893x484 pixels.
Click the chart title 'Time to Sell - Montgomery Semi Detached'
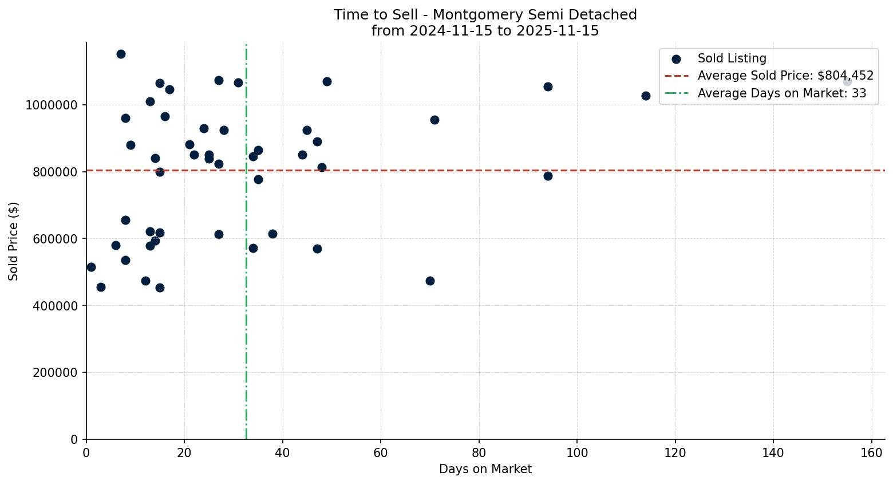pos(485,15)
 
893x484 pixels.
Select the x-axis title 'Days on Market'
pos(485,469)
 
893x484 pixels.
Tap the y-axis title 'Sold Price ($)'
pos(13,241)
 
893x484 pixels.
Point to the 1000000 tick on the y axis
pos(52,105)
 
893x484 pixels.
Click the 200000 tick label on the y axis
pos(55,373)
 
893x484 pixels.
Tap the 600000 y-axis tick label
pos(55,239)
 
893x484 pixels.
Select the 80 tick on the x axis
pos(479,452)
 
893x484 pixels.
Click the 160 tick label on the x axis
pos(871,452)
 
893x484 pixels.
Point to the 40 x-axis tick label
pos(283,452)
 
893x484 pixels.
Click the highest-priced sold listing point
pos(121,54)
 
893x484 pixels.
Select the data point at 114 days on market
pos(646,96)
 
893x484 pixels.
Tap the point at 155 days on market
pos(847,82)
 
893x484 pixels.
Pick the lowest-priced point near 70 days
pos(430,281)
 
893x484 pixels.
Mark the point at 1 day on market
pos(91,267)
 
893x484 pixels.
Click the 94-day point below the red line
pos(548,176)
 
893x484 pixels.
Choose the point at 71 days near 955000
pos(434,120)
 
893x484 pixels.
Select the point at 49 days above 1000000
pos(327,81)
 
